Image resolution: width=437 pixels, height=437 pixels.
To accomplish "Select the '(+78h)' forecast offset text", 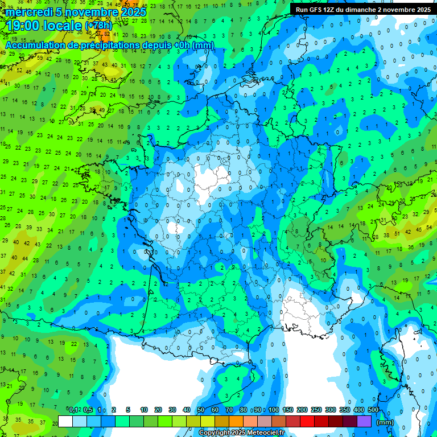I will click(98, 26).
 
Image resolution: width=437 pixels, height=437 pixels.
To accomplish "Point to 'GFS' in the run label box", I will click(321, 10).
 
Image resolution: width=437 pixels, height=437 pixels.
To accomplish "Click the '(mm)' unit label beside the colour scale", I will click(385, 422).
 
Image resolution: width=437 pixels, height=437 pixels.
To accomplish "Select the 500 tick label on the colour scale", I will click(373, 410).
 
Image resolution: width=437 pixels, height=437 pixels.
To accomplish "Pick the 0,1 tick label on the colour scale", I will click(73, 410).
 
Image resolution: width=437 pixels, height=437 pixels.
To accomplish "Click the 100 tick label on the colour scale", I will click(274, 410).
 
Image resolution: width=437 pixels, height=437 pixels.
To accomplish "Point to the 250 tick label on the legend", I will click(316, 410).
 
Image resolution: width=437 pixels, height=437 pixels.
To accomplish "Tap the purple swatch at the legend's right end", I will click(364, 421).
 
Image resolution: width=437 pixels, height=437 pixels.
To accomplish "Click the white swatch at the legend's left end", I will click(65, 421).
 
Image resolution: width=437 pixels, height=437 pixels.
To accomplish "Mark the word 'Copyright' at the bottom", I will click(215, 433).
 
